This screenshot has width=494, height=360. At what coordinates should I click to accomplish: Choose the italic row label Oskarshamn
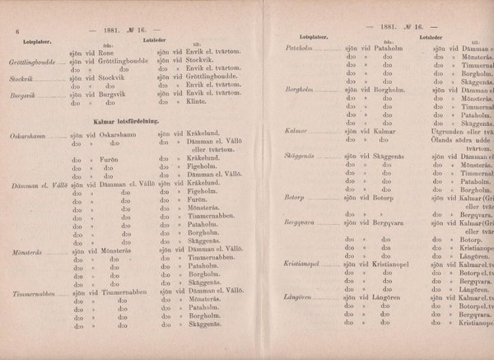(29, 134)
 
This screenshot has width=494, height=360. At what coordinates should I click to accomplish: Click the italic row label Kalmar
(295, 131)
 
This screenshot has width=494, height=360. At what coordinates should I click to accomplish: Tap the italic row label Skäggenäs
(301, 157)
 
